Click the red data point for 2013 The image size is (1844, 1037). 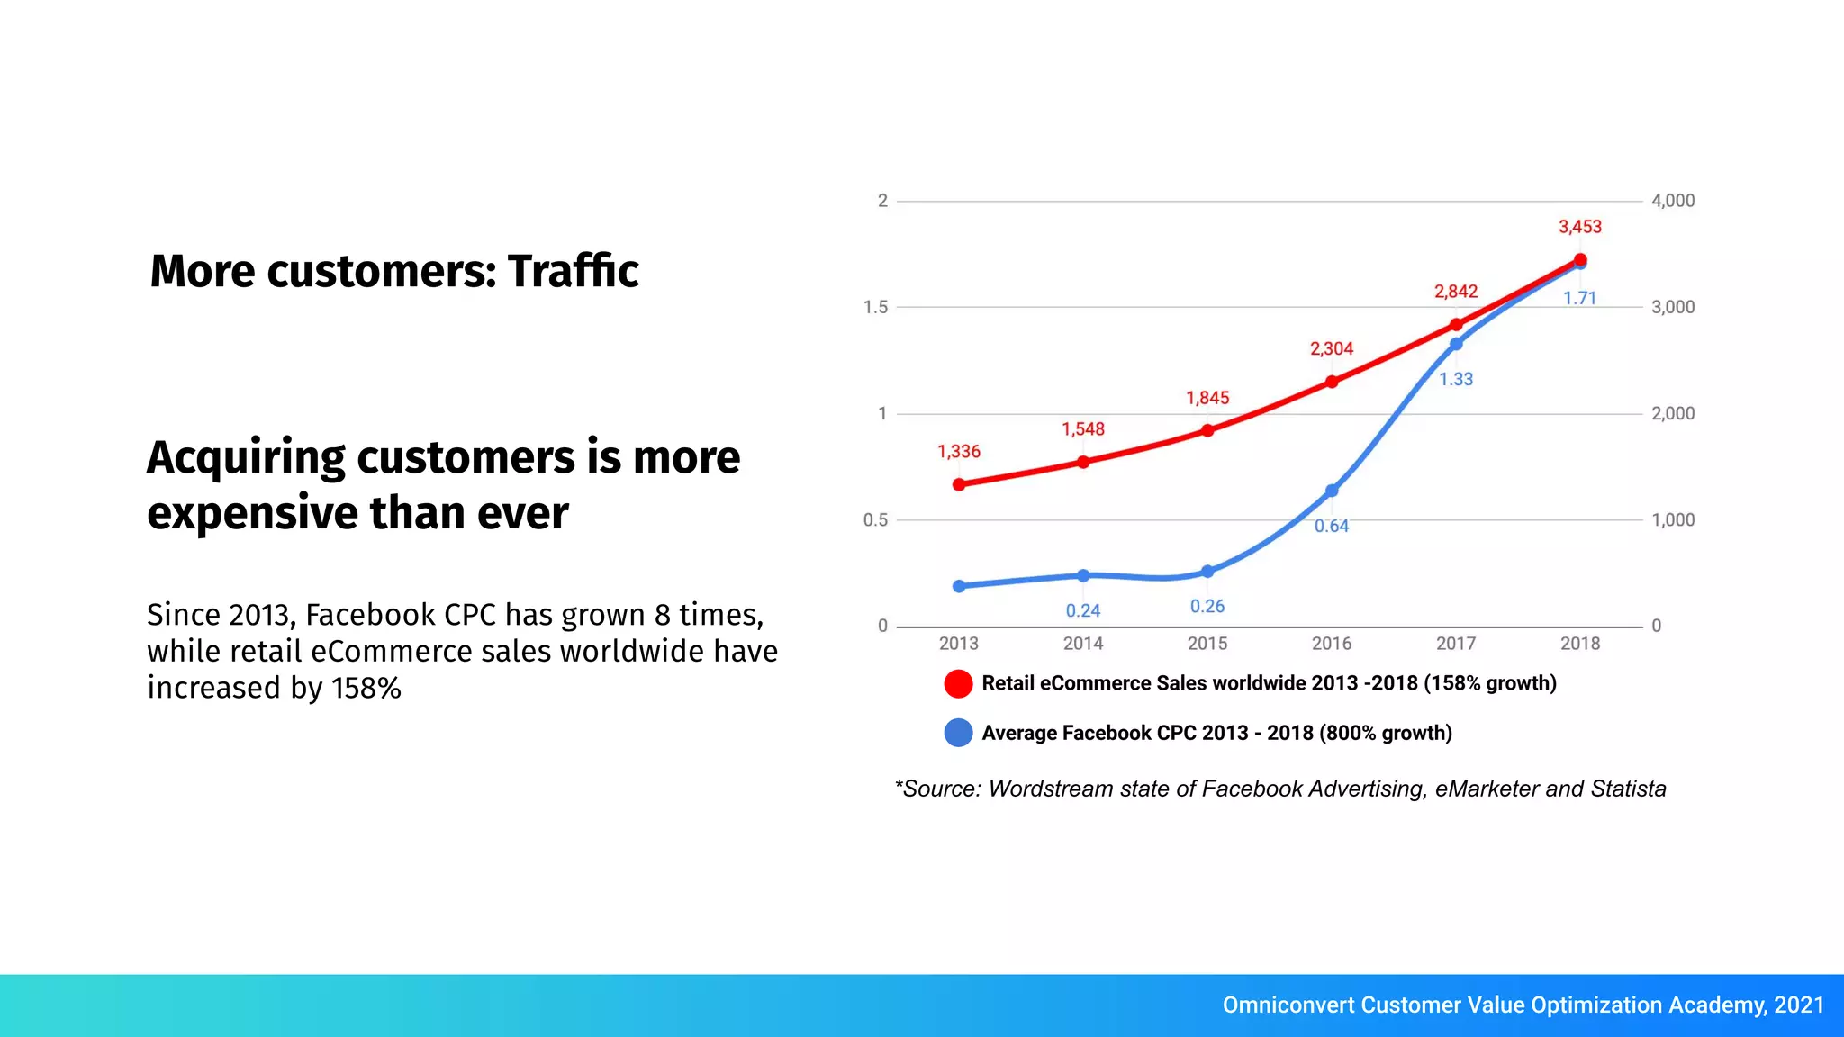(x=959, y=484)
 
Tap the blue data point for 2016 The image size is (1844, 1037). (x=1332, y=491)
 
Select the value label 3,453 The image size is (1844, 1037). (x=1580, y=227)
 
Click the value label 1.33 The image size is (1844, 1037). (x=1456, y=380)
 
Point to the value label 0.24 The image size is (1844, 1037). (x=1083, y=610)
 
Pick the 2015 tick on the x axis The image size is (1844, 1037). (x=1207, y=644)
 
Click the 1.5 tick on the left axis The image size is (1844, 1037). (x=875, y=307)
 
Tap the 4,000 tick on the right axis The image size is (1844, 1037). (x=1673, y=201)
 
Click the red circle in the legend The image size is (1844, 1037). (x=958, y=683)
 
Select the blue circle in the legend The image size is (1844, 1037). (x=958, y=733)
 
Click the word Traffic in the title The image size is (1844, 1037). (x=573, y=271)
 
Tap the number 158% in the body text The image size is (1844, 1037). (x=366, y=689)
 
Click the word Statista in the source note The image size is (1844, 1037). (x=1628, y=789)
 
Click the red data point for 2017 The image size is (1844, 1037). (x=1456, y=325)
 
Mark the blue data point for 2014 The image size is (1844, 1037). (x=1083, y=575)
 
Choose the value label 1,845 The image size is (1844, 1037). (x=1207, y=398)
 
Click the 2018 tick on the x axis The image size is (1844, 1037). (x=1580, y=644)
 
